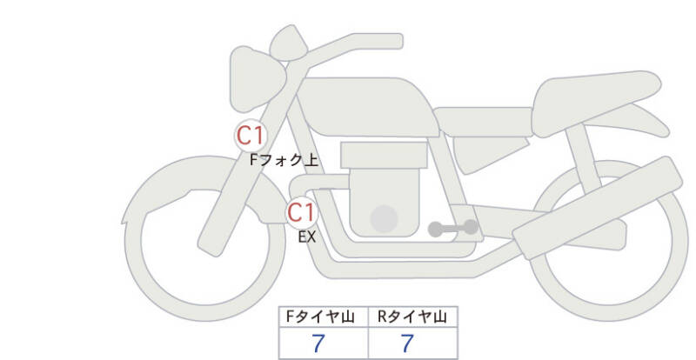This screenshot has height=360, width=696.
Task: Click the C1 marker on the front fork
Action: click(251, 136)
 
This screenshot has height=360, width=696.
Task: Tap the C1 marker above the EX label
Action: click(301, 212)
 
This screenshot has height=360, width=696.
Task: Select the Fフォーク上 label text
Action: click(284, 160)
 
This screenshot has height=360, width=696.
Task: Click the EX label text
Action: click(307, 237)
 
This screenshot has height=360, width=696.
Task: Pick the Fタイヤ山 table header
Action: click(320, 317)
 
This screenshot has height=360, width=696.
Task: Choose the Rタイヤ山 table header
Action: click(412, 317)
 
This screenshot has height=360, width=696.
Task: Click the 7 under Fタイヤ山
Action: click(318, 343)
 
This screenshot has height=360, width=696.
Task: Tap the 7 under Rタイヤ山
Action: click(407, 343)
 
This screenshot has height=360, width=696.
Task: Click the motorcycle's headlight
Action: click(257, 79)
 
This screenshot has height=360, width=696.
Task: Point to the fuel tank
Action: click(368, 107)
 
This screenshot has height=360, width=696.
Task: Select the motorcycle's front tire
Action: click(204, 238)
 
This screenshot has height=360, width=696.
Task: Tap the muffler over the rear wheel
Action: click(598, 208)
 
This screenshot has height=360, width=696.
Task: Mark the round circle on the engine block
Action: click(384, 219)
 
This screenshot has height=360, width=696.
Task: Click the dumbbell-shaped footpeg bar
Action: click(453, 228)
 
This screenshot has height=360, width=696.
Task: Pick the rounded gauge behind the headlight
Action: click(289, 43)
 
